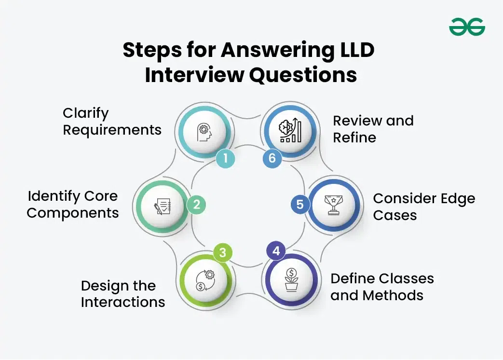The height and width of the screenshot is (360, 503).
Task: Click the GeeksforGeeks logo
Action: click(467, 27)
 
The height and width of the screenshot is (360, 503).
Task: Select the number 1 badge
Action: click(225, 159)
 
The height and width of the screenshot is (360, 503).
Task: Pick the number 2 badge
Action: click(196, 205)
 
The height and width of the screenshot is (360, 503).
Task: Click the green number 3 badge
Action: click(222, 253)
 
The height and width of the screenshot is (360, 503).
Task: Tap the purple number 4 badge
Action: click(275, 251)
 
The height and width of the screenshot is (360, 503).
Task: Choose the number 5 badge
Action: click(300, 205)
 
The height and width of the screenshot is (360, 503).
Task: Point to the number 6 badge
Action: click(272, 159)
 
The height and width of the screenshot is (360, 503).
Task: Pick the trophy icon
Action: click(334, 205)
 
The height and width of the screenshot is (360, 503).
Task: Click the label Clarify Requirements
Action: click(112, 122)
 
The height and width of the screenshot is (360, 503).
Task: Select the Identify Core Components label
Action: click(72, 205)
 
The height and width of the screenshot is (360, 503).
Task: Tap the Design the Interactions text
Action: click(122, 294)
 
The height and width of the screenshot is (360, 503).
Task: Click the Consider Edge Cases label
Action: click(423, 207)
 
